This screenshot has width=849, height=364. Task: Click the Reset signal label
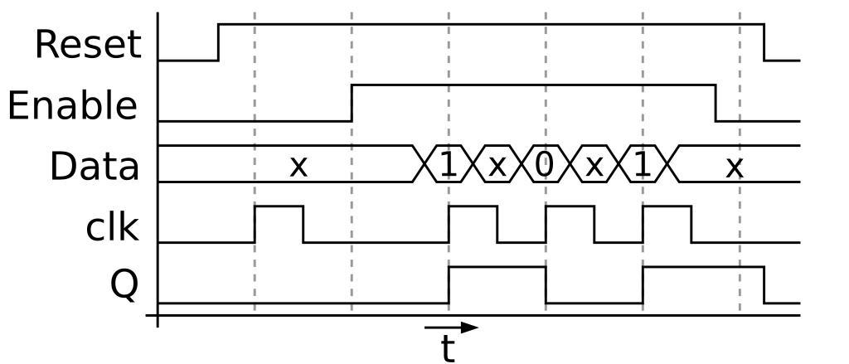coord(88,45)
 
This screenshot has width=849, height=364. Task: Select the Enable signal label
coord(72,106)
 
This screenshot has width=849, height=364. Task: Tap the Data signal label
coord(95,167)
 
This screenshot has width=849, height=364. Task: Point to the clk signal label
coord(112,226)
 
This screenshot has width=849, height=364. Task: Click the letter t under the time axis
coord(448,349)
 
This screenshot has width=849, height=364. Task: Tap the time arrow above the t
coord(451,328)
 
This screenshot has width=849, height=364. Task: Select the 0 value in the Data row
coord(544,165)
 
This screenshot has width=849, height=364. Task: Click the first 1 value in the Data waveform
coord(448,165)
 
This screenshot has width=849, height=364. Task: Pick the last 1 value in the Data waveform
coord(642,165)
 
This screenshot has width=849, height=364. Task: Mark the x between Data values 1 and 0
coord(497,166)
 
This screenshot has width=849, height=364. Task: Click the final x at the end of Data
coord(734,167)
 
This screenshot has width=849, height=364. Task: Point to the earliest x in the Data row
coord(298,167)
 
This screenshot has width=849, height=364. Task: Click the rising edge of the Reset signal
coord(219,42)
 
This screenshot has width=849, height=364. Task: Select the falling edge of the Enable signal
coord(716,103)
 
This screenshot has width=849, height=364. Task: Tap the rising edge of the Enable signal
coord(352,103)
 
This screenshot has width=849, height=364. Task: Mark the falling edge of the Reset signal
coord(764,42)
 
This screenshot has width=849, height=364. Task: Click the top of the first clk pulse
coord(279,206)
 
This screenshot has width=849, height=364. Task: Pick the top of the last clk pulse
coord(667,206)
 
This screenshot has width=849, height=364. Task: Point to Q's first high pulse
coord(497,267)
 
